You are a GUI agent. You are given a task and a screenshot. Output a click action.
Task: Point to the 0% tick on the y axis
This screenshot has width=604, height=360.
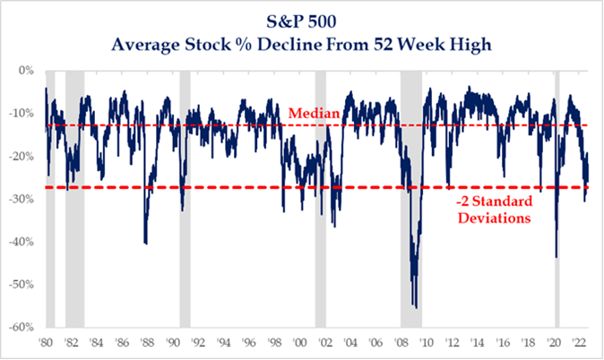coord(25,71)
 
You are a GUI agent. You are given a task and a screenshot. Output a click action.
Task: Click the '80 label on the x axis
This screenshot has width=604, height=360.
coord(46,341)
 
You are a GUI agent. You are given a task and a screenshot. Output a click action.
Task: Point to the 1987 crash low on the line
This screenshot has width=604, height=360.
coord(145,243)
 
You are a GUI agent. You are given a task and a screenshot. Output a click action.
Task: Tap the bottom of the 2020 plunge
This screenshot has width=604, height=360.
coord(557,257)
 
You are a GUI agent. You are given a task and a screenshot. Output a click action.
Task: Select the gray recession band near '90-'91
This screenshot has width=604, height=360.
coord(185,197)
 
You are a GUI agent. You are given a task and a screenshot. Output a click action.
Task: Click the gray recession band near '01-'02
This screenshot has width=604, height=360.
coord(320,197)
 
